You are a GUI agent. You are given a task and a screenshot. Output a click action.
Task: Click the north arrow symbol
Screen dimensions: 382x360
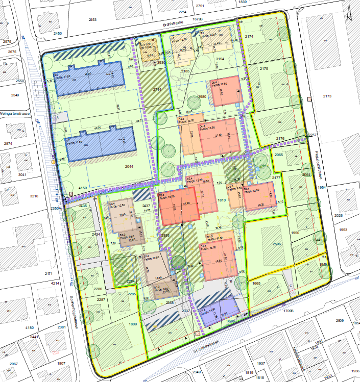point(349,13)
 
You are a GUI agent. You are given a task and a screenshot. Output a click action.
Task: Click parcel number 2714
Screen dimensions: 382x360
point(157,89)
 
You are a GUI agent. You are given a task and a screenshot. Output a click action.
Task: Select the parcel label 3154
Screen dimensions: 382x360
point(220,60)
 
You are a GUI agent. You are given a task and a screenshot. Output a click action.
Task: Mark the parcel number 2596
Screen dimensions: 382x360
point(277,244)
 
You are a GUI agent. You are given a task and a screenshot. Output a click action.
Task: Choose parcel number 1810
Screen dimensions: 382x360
point(222,200)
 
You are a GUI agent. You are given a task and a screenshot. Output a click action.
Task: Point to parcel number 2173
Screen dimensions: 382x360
point(327,96)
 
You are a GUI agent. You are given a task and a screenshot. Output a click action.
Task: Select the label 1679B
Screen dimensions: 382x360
point(198,19)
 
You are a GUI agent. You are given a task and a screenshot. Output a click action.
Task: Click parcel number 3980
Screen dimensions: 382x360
point(202,97)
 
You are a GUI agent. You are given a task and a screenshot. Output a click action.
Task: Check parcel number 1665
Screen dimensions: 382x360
point(256,283)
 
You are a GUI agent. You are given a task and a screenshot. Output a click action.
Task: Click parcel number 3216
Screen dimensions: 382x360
point(34,196)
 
